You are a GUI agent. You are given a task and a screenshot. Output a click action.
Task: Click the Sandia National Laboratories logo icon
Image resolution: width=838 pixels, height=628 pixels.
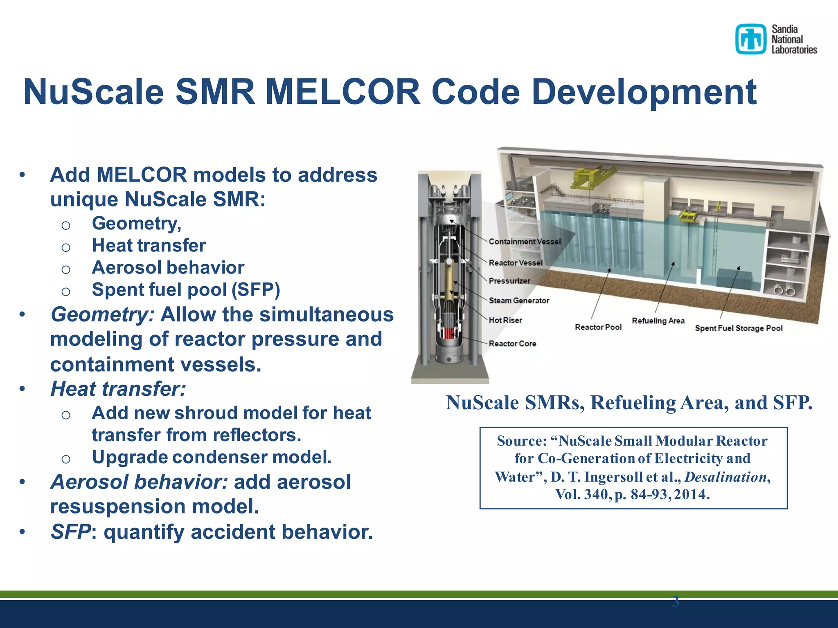pos(750,39)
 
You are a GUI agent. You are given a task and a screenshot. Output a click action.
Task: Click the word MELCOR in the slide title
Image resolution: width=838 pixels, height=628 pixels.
pos(342,92)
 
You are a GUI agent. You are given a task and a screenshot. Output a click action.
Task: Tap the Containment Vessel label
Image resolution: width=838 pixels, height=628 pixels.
pos(525,242)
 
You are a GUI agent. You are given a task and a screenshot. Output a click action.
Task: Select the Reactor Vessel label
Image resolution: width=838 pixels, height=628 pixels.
pos(516,263)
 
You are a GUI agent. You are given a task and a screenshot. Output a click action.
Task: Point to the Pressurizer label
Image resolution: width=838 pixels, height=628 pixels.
pos(509,281)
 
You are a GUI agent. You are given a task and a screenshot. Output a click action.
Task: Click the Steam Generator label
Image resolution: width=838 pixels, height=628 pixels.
pos(519,301)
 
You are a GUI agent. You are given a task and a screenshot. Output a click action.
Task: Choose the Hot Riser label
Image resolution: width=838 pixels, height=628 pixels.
pos(505,320)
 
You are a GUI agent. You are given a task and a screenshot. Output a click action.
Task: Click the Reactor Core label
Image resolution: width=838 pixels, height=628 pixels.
pos(512,344)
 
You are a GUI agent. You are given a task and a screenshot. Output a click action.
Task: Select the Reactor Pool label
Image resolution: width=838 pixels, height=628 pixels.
pos(598,327)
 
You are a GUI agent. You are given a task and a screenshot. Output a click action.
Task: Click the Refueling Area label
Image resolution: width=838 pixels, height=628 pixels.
pos(658,321)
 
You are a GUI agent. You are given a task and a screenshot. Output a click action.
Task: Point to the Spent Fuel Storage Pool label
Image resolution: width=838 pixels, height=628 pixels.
pos(739,328)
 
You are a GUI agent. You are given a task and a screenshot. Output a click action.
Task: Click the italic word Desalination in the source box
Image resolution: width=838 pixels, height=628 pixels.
pos(725,477)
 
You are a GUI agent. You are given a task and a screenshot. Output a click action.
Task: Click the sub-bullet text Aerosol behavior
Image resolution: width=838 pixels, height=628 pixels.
pos(168,268)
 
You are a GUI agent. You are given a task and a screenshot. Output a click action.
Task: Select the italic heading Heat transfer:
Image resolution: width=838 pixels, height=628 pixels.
pos(118,389)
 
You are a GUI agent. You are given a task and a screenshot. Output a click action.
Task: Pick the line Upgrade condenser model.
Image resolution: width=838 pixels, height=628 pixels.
pos(212,457)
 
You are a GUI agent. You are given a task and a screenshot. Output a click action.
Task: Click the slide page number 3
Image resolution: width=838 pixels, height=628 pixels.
pos(675,601)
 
